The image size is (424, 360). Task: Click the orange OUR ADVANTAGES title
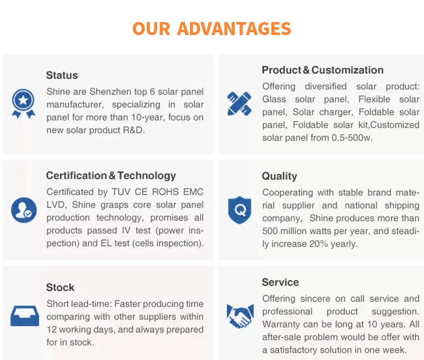[x=212, y=28]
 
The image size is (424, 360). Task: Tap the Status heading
[x=62, y=75]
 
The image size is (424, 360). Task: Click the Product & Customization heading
[x=322, y=70]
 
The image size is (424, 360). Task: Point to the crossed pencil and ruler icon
[x=239, y=104]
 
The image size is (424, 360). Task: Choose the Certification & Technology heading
[x=111, y=176]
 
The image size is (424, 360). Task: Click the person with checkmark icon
[x=23, y=210]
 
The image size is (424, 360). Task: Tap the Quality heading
[x=279, y=176]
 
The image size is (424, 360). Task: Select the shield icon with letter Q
[x=239, y=210]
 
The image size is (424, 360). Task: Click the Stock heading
[x=60, y=288]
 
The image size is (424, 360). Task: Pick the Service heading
[x=280, y=282]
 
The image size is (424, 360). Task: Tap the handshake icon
[x=240, y=315]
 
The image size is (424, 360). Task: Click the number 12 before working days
[x=52, y=329]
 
